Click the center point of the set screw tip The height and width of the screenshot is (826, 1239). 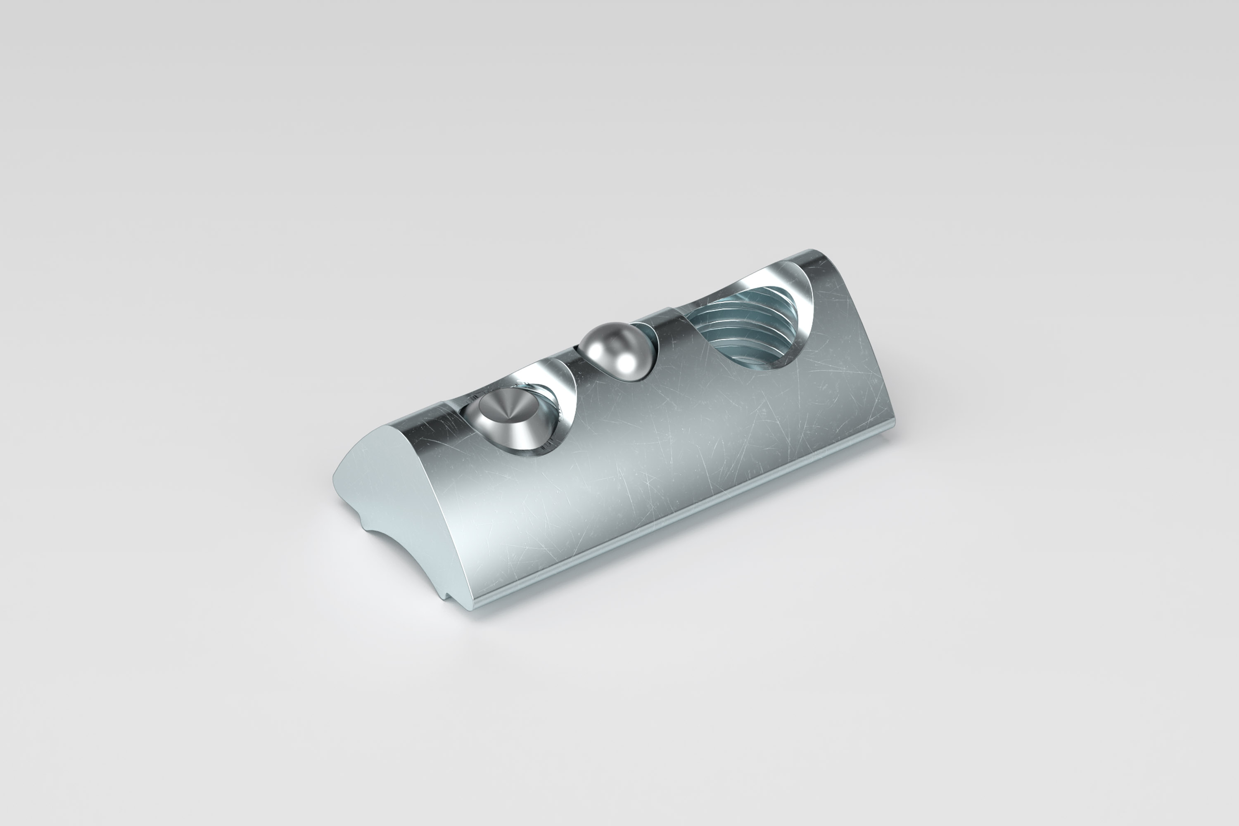pyautogui.click(x=507, y=420)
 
